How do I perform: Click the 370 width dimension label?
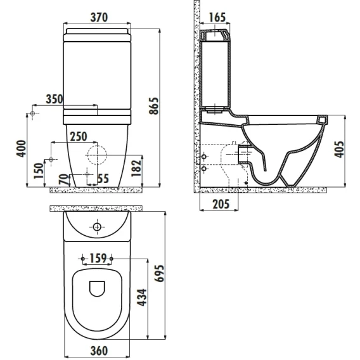[99, 18]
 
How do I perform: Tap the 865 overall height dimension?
[153, 106]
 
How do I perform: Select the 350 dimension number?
[55, 99]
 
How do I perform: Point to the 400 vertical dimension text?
[22, 148]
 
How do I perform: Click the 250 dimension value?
[79, 137]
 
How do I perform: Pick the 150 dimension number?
[39, 171]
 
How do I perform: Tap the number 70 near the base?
[64, 179]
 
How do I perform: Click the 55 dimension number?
[103, 178]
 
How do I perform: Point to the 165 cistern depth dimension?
[217, 18]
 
